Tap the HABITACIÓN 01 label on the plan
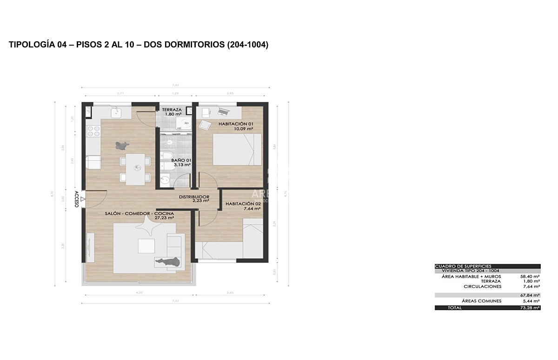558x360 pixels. point(235,124)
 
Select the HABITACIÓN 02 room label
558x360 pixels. point(243,204)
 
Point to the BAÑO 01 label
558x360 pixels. point(182,160)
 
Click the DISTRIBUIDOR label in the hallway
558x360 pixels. point(194,197)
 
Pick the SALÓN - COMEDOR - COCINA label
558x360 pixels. point(139,213)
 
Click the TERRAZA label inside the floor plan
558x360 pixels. point(172,110)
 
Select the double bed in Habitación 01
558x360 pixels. point(237,149)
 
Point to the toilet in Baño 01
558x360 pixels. point(167,155)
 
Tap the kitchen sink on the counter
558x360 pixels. point(115,112)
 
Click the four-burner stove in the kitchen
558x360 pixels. point(93,131)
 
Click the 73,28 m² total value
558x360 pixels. point(530,307)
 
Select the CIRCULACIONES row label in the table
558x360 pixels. point(482,287)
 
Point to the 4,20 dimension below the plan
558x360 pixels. point(139,293)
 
